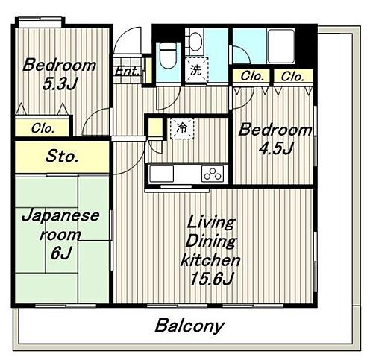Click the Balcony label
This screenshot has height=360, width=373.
[x=189, y=326]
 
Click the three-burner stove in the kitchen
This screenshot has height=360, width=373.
[x=212, y=174]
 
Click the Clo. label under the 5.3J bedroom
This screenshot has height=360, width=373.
[x=43, y=127]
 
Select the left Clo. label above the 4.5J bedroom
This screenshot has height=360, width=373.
[x=251, y=76]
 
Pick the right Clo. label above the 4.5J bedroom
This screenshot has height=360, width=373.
[x=292, y=76]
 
